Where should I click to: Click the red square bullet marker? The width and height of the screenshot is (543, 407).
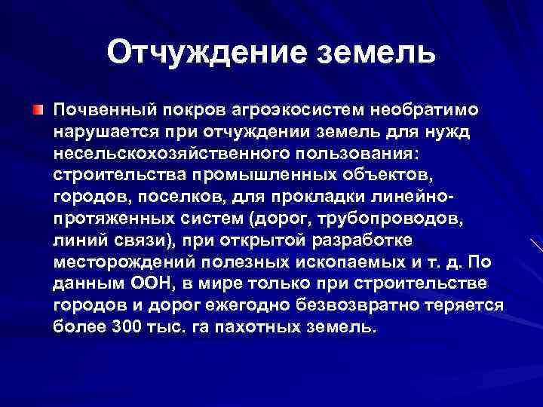coord(38,111)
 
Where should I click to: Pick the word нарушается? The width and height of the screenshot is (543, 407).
coord(102,132)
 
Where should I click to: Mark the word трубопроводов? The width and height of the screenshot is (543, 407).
coord(409,219)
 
